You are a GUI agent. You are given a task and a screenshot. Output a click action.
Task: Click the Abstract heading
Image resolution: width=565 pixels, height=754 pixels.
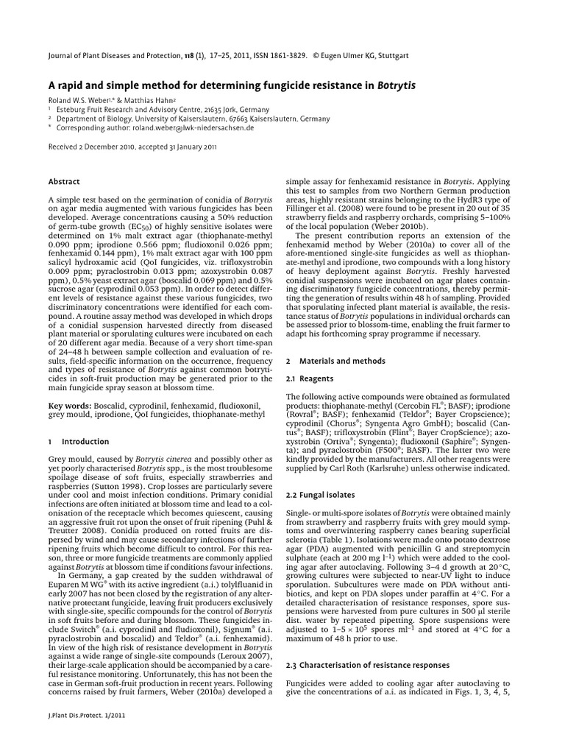coord(64,181)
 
